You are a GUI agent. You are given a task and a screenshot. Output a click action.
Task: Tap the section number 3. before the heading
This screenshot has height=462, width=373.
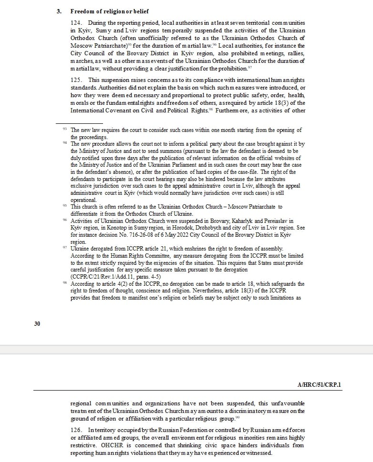coord(59,11)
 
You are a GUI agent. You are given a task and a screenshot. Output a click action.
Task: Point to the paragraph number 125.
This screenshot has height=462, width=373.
coord(79,80)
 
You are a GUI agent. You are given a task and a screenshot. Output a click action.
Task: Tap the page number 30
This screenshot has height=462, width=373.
coord(37,324)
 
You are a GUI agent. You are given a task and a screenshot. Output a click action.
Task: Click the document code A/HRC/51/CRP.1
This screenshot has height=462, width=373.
coord(319,385)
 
